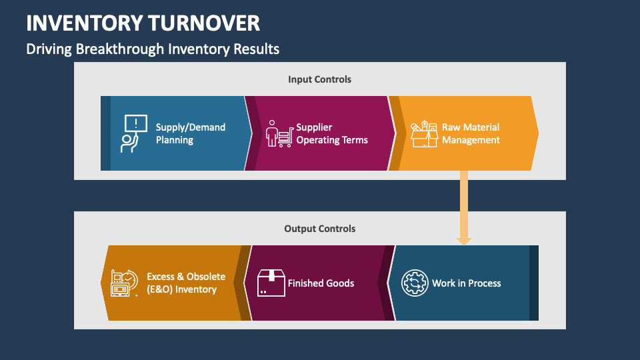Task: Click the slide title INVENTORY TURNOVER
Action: (x=143, y=23)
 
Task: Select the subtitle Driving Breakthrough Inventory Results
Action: (x=153, y=49)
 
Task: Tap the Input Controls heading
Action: (x=319, y=79)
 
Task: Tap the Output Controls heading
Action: (x=319, y=229)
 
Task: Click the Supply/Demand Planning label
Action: (x=191, y=133)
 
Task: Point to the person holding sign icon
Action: (x=133, y=133)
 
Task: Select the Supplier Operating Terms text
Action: (x=332, y=133)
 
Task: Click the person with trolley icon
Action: (x=279, y=134)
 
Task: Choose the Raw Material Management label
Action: (x=471, y=133)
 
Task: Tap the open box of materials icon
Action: (x=423, y=134)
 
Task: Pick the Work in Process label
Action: (x=466, y=283)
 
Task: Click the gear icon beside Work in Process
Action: (x=414, y=283)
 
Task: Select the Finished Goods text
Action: (x=321, y=283)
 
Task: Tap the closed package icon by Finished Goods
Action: (x=271, y=283)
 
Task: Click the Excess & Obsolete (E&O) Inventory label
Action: (x=186, y=283)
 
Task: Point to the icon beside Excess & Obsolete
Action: (x=124, y=283)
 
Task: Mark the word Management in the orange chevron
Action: (x=471, y=140)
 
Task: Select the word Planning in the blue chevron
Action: (x=175, y=140)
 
